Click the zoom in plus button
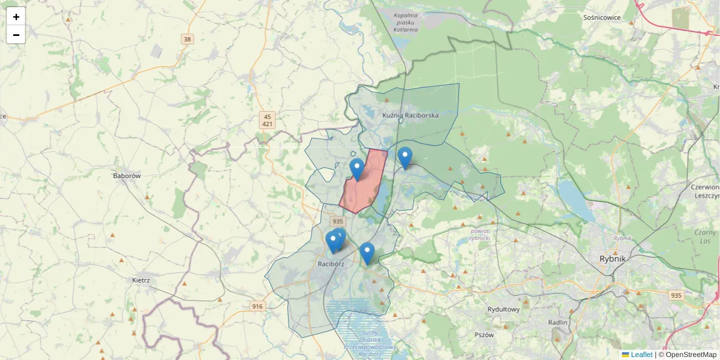coord(16,17)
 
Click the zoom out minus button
coord(16,35)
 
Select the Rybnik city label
coord(613,259)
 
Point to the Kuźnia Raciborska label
coord(410,115)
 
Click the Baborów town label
coord(127,176)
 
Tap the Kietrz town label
coord(140,280)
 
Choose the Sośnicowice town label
coord(602,18)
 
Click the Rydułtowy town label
coord(503,310)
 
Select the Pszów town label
coord(484,335)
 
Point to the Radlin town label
coord(557,322)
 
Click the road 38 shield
coord(188,40)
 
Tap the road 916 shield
coord(257,307)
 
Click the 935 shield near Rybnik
coord(676,295)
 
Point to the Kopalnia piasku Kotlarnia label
coord(406,22)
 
